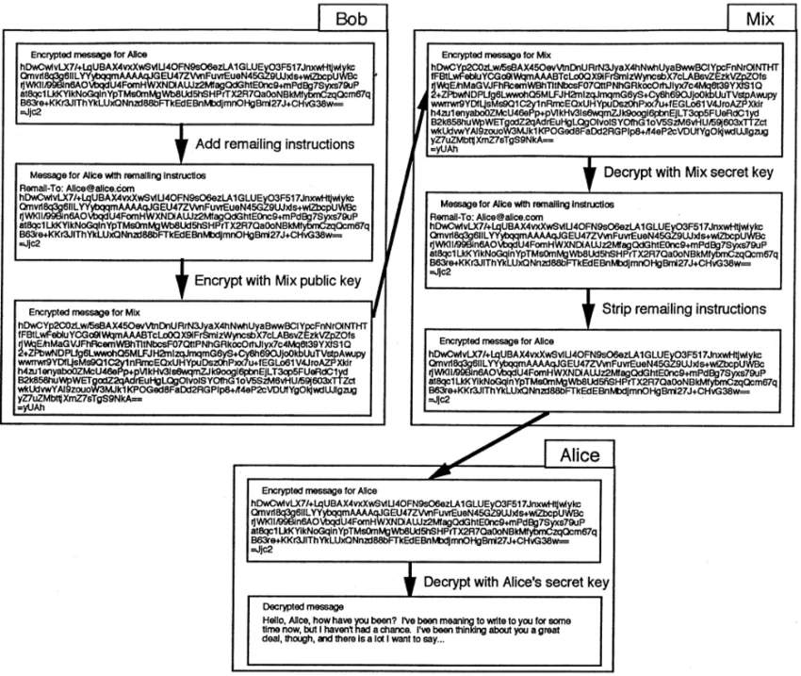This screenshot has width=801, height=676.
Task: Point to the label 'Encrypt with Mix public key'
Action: [273, 278]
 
